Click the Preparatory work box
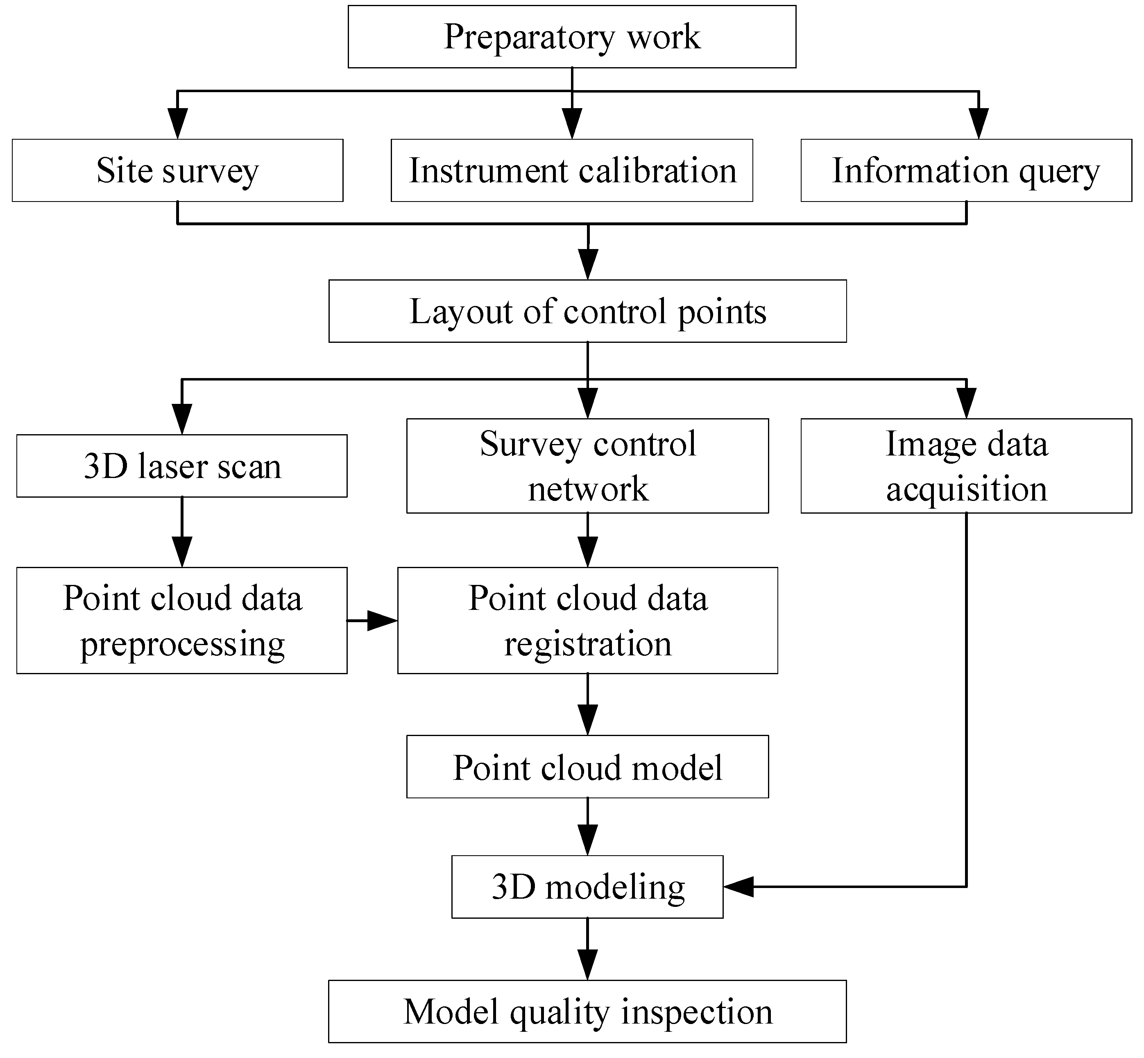[571, 36]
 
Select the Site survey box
[177, 170]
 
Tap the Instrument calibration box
[571, 170]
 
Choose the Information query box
[966, 170]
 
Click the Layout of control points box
[587, 311]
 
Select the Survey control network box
[587, 465]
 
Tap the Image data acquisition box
[966, 465]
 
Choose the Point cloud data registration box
[587, 620]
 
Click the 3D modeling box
[587, 887]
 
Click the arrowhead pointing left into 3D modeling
[739, 887]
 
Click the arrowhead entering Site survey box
[177, 123]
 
